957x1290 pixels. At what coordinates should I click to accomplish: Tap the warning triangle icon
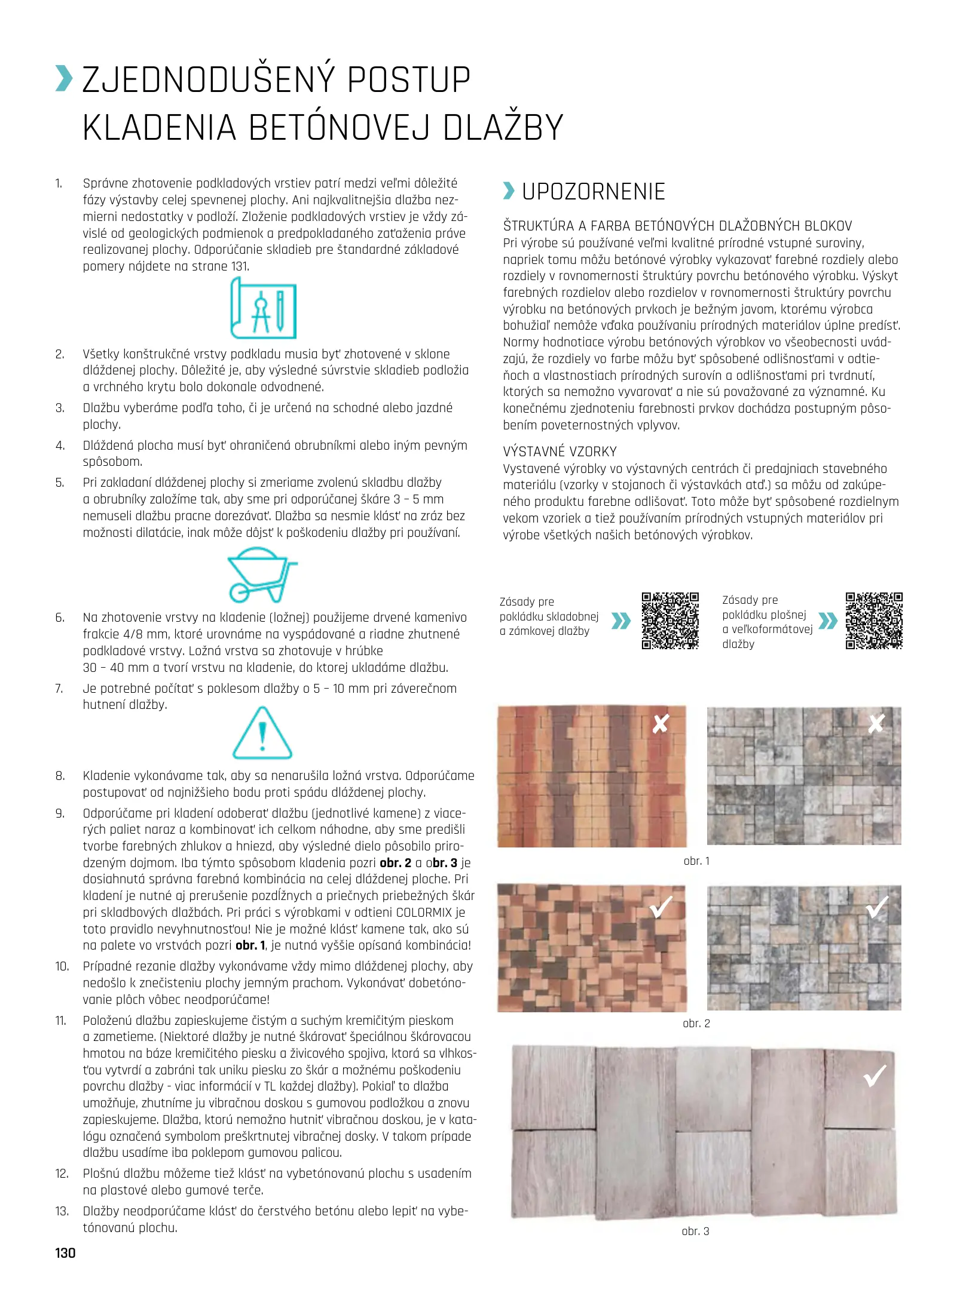(x=262, y=733)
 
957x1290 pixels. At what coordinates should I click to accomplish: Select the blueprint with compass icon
(x=263, y=309)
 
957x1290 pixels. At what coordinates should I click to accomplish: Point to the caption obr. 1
(x=696, y=861)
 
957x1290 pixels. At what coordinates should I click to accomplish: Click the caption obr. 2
(x=696, y=1024)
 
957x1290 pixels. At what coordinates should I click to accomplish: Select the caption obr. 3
(x=695, y=1231)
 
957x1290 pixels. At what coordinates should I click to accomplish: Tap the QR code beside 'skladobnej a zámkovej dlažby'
(x=670, y=621)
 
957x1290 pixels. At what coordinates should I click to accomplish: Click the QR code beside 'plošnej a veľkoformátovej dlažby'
(x=873, y=621)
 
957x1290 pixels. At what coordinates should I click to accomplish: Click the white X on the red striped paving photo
(x=661, y=724)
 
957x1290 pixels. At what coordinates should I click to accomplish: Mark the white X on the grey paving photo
(x=876, y=724)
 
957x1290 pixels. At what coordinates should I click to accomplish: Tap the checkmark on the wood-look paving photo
(x=875, y=1076)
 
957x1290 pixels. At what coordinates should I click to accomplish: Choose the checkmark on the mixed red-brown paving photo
(x=661, y=907)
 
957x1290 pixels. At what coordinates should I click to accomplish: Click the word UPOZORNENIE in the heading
(x=593, y=192)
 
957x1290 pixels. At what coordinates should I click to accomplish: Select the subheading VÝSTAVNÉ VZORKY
(x=559, y=451)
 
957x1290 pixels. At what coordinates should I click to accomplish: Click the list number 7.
(x=59, y=689)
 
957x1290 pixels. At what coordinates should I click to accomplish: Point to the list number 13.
(x=62, y=1211)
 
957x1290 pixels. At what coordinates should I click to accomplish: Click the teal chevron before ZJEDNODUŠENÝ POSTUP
(x=63, y=79)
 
